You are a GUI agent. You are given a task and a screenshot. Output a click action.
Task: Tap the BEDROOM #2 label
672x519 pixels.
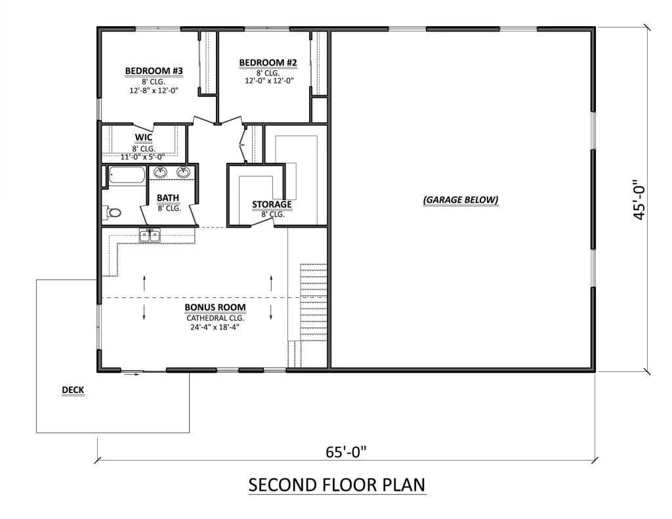(x=268, y=62)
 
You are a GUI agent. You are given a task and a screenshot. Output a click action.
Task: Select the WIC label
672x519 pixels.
(x=144, y=137)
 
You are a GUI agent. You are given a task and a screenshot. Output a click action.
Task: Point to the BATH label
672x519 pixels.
(x=168, y=197)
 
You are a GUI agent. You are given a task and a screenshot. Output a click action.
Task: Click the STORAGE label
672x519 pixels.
(x=272, y=205)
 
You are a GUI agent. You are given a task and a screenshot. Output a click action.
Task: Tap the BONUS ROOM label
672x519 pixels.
(x=215, y=307)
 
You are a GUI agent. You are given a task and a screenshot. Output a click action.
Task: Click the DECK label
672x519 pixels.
(x=73, y=390)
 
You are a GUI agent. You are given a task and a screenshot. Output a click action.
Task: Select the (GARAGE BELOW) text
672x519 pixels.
(x=461, y=199)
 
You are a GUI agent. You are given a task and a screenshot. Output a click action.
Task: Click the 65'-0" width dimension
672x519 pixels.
(x=346, y=451)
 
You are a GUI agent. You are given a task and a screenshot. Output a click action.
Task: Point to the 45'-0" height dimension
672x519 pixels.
(x=639, y=199)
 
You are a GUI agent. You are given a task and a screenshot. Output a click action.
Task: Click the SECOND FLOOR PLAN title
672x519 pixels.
(x=337, y=485)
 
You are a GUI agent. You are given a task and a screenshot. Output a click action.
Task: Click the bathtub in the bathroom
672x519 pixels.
(x=127, y=175)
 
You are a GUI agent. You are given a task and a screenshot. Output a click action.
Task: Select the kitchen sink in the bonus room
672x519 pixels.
(x=150, y=236)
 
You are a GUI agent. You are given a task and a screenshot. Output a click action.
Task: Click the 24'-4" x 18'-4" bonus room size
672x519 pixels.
(x=215, y=327)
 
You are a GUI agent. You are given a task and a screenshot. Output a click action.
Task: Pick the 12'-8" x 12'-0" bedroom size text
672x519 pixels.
(x=154, y=91)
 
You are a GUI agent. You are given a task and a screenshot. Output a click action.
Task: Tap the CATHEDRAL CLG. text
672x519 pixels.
(x=215, y=318)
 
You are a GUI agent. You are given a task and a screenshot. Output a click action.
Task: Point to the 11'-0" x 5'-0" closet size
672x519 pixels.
(x=142, y=157)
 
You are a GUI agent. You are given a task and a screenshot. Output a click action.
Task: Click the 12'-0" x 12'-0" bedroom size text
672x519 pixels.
(x=269, y=81)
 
